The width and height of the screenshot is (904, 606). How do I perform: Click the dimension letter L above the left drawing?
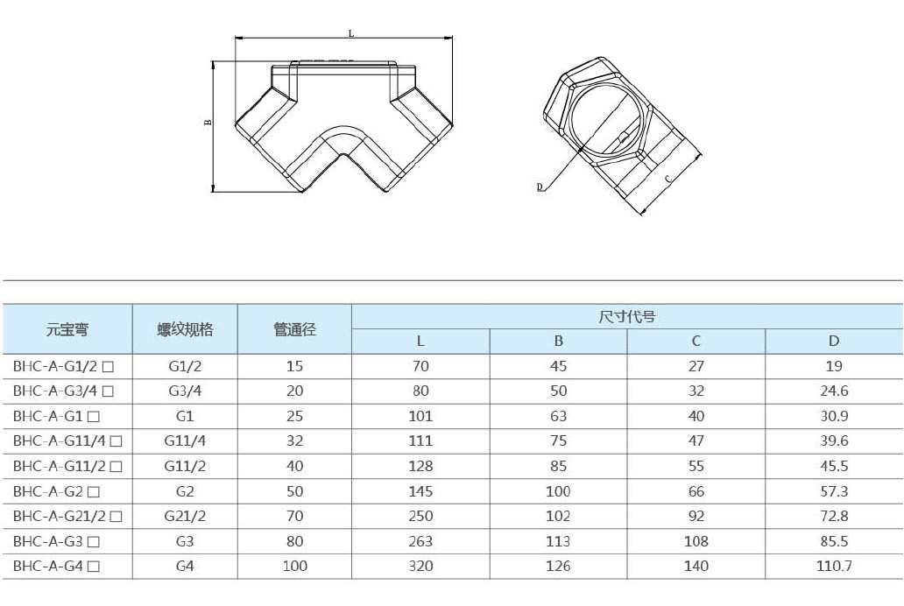(x=351, y=33)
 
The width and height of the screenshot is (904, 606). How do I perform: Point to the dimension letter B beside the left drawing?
(x=208, y=123)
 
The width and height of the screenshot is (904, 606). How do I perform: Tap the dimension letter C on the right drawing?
(x=668, y=179)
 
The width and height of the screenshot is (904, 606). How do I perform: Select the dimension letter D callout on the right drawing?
(x=540, y=187)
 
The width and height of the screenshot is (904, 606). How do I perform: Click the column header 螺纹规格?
(x=185, y=330)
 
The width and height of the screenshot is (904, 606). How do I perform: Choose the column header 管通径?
(x=294, y=330)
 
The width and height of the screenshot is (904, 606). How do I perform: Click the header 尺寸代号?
(x=626, y=316)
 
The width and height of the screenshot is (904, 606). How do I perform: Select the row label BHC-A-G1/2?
(x=55, y=366)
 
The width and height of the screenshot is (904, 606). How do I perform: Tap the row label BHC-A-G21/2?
(x=60, y=516)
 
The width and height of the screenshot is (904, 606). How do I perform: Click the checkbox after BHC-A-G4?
(x=94, y=567)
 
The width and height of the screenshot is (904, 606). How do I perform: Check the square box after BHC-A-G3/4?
(x=108, y=391)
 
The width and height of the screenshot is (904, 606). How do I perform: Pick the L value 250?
(x=420, y=516)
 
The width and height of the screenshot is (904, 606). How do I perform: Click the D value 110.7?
(x=834, y=567)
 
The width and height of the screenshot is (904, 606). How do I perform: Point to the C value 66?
(x=696, y=491)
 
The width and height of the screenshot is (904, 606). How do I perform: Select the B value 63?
(x=558, y=416)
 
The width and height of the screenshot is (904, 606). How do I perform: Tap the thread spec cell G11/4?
(x=185, y=441)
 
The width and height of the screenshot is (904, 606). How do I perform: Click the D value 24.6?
(x=834, y=391)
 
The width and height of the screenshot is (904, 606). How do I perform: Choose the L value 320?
(x=420, y=567)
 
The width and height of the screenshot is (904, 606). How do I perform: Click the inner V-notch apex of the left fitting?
(x=344, y=153)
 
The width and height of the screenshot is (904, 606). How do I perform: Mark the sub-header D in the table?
(x=834, y=341)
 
